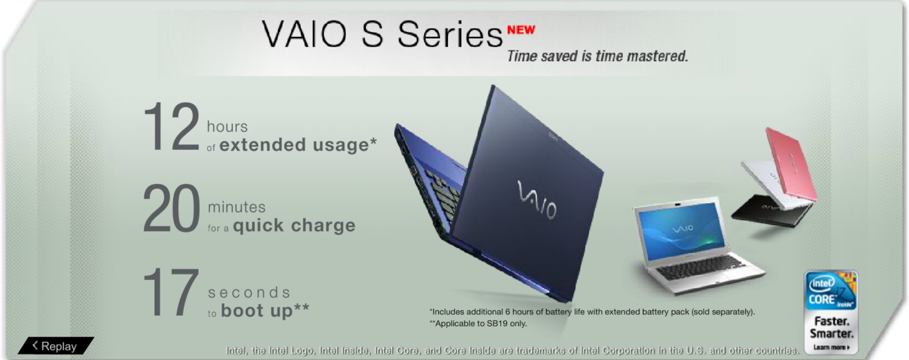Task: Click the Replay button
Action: [56, 346]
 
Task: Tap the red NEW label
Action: [521, 30]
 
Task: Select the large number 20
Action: [171, 208]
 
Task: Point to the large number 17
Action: [171, 292]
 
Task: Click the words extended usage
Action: [298, 145]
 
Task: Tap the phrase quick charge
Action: [294, 225]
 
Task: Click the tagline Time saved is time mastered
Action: [597, 56]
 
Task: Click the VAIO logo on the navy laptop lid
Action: [537, 200]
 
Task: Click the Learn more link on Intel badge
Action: [831, 347]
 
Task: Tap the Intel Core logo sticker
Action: [831, 291]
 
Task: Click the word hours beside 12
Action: [227, 127]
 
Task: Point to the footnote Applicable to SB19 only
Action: [478, 324]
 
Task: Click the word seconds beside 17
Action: [249, 292]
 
